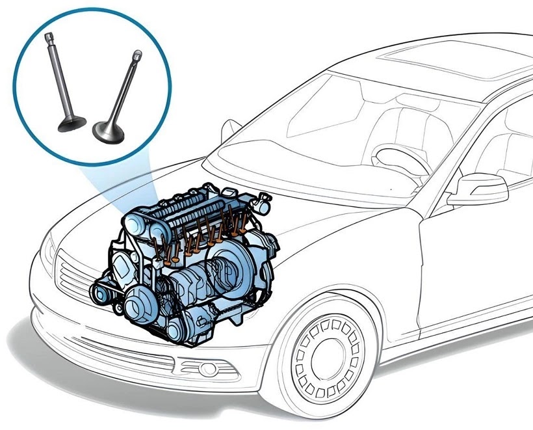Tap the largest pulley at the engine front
[140, 302]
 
